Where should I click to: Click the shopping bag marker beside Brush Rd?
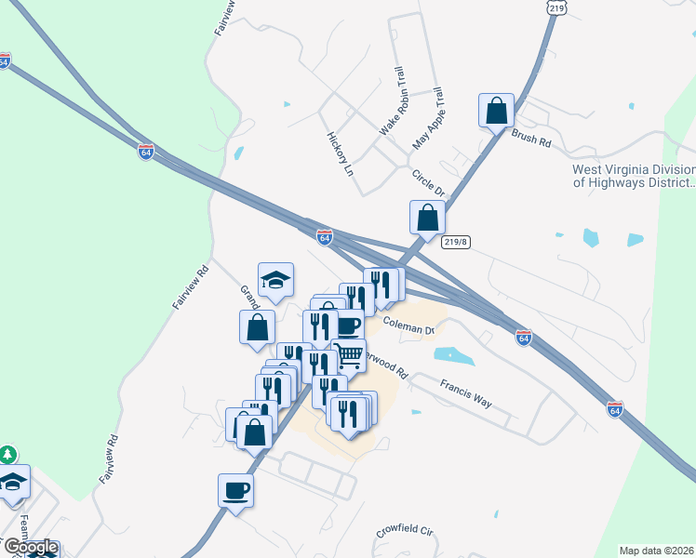[x=497, y=111]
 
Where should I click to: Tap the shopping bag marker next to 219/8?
[x=427, y=219]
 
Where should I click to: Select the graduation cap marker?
[x=276, y=280]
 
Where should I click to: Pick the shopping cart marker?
[x=349, y=354]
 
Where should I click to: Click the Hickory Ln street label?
[x=341, y=153]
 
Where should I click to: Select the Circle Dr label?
[x=429, y=180]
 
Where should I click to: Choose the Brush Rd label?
[x=530, y=139]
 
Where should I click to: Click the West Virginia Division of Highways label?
[x=633, y=176]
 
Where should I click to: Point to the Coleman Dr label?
[x=409, y=325]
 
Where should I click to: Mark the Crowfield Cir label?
[x=406, y=533]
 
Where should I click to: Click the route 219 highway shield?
[x=556, y=7]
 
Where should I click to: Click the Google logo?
[x=30, y=548]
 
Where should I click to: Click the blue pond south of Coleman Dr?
[x=454, y=355]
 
